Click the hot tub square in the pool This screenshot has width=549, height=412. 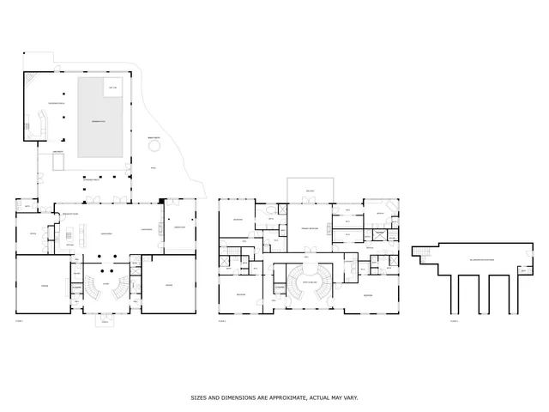(x=112, y=88)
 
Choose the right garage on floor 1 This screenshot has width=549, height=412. (x=169, y=285)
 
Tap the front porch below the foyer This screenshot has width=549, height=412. (x=106, y=321)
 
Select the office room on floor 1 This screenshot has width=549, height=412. (x=33, y=233)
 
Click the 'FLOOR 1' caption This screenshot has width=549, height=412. (x=19, y=320)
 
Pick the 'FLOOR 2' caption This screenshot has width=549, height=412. (x=224, y=320)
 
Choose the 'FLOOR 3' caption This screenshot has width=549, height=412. (x=454, y=320)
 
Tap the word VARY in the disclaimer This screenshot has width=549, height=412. (x=352, y=397)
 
